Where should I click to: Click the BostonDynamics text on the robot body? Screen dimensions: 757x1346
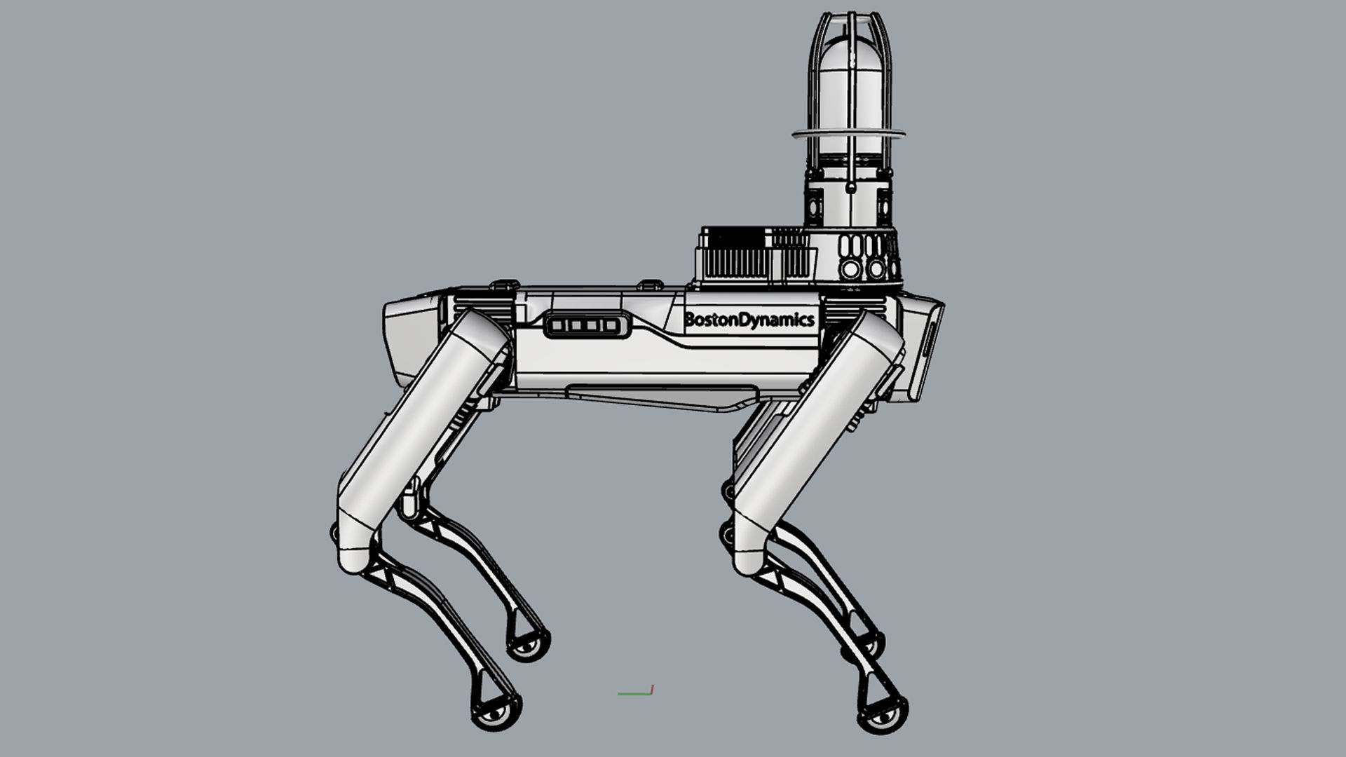coord(749,320)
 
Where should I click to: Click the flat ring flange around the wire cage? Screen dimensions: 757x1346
coord(848,133)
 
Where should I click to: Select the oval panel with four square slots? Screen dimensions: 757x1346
coord(583,325)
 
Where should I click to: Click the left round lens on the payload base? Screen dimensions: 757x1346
coord(851,268)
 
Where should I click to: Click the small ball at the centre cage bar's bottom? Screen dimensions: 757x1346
coord(850,188)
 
